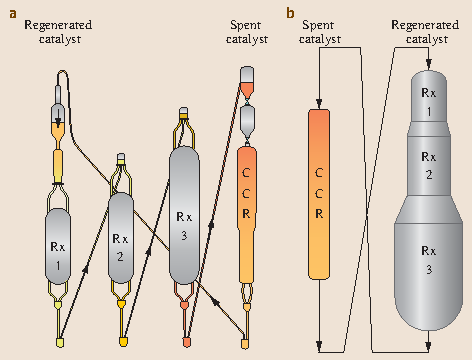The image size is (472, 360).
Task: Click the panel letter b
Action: [290, 13]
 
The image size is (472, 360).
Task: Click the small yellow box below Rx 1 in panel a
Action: [59, 344]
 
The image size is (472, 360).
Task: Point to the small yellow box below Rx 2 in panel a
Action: [124, 343]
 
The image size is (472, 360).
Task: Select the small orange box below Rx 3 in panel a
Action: [186, 343]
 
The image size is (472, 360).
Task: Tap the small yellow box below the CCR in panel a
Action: [247, 343]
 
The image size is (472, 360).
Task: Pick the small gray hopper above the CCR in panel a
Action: [249, 119]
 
